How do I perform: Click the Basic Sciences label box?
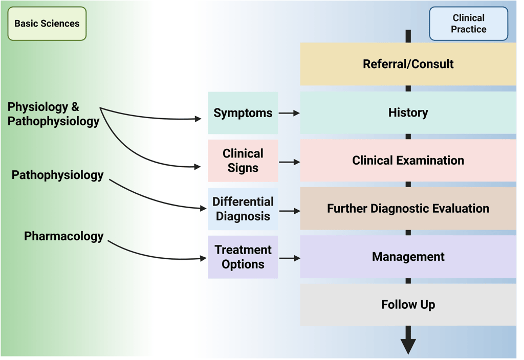[x=47, y=24]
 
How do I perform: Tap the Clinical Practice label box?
[x=468, y=24]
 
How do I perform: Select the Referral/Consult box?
[x=408, y=64]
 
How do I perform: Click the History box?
[x=408, y=112]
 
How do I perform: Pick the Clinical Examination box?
[x=408, y=161]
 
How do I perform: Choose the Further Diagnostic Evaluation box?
[x=408, y=209]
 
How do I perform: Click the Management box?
[x=408, y=257]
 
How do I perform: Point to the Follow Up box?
[x=408, y=305]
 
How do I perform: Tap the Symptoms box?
[x=243, y=113]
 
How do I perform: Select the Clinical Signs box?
[x=243, y=161]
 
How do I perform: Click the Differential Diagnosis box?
[x=243, y=209]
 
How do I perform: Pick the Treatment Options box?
[x=243, y=257]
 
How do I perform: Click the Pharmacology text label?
[x=64, y=236]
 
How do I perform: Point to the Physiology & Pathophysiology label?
[x=53, y=114]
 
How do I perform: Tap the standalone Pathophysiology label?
[x=57, y=175]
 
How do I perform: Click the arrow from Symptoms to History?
[x=289, y=113]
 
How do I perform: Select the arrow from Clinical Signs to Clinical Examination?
[x=289, y=162]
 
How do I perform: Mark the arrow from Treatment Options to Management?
[x=289, y=258]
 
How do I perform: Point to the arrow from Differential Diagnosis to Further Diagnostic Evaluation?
[x=289, y=211]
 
